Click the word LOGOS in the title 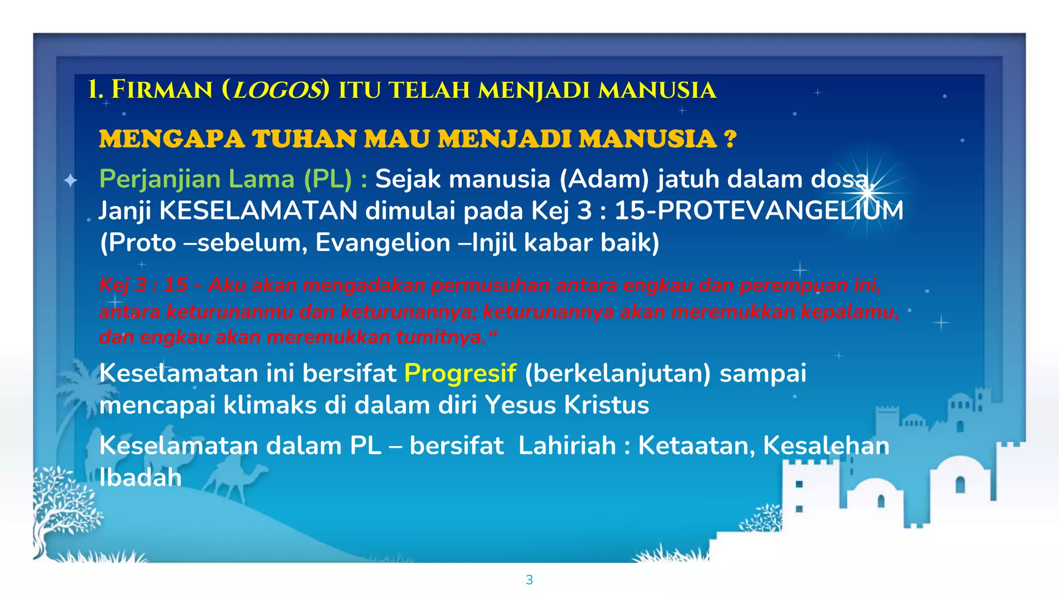[278, 90]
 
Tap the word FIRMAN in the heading [162, 90]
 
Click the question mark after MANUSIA [730, 139]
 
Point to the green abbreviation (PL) [327, 179]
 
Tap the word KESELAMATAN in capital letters [258, 211]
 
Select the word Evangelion [383, 243]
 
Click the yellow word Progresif [460, 373]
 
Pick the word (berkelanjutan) [617, 373]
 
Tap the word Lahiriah [567, 445]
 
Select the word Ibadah [140, 478]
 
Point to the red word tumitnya [441, 337]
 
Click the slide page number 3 [529, 580]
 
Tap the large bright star [867, 192]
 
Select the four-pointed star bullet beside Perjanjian [70, 181]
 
